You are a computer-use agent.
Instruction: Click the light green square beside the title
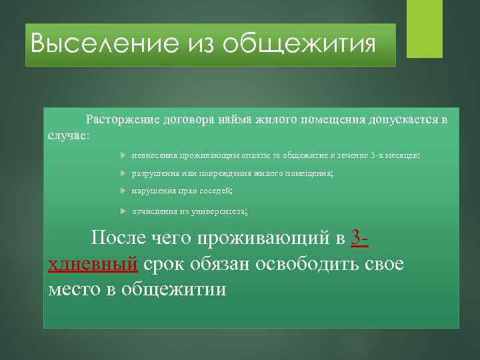[x=425, y=28]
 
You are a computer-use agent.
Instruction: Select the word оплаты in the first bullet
[x=243, y=155]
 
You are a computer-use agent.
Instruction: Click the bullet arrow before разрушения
[x=125, y=173]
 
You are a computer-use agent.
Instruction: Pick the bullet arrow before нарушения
[x=125, y=191]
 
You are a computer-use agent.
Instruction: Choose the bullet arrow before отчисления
[x=125, y=211]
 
